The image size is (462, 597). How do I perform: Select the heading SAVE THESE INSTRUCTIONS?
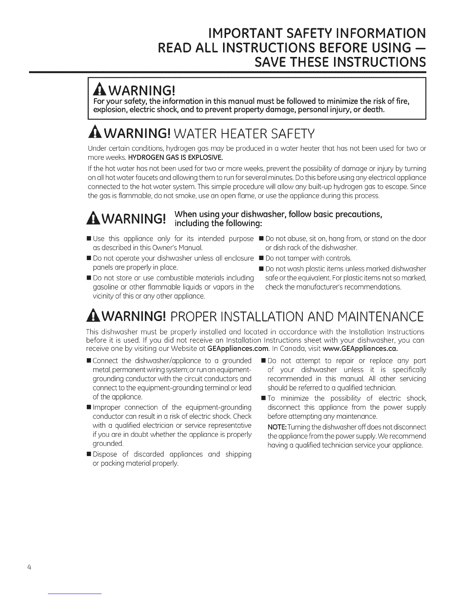tap(338, 61)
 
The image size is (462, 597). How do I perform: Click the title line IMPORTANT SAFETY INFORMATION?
tap(311, 34)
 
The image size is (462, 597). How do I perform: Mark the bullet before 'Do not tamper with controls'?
tap(260, 259)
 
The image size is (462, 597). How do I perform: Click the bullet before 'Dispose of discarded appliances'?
tap(88, 454)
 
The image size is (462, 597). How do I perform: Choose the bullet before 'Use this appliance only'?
tap(88, 239)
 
